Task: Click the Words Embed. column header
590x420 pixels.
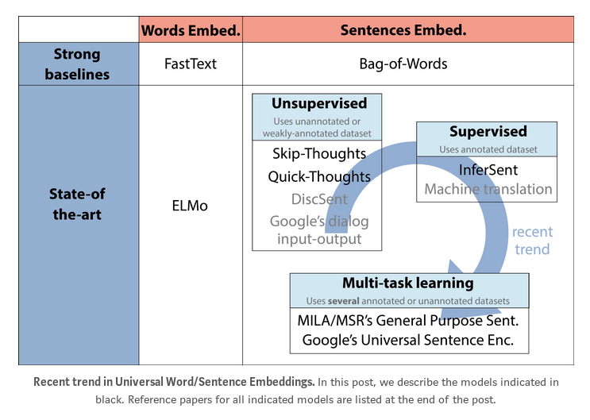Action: point(191,30)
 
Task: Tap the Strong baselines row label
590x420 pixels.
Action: point(77,64)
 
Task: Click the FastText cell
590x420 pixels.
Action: point(191,64)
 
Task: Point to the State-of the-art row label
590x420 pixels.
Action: point(77,204)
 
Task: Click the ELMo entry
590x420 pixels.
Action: point(191,206)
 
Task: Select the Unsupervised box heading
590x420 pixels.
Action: point(318,104)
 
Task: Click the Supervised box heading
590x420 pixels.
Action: point(488,132)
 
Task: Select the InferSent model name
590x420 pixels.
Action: point(488,170)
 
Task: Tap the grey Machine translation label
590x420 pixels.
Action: point(488,189)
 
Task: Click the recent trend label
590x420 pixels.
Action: point(531,241)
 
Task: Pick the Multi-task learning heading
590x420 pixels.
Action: point(407,283)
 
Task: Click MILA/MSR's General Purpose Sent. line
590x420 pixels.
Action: point(408,321)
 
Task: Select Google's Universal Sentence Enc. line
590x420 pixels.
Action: point(408,341)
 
